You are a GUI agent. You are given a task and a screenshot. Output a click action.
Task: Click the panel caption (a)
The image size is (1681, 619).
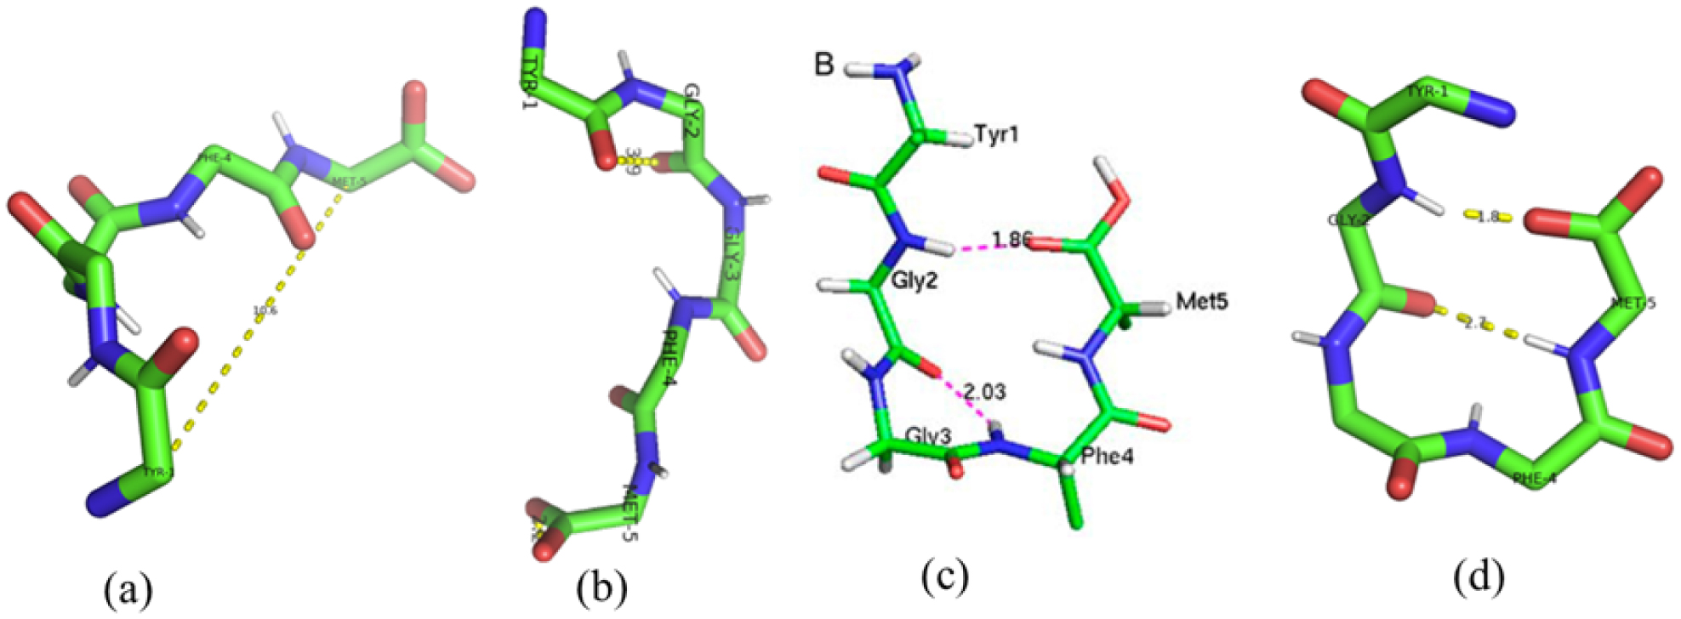128,588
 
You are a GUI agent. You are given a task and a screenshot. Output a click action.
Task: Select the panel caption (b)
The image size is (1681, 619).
601,588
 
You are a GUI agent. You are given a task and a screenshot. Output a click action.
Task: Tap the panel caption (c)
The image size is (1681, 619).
944,576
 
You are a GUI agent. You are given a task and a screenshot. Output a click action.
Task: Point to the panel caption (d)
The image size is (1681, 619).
1479,576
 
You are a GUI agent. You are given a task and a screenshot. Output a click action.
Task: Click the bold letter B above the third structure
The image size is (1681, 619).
823,64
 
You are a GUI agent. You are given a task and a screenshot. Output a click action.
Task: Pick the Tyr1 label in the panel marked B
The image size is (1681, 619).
996,134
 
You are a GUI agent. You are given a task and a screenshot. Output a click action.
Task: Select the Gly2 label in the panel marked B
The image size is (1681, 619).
915,281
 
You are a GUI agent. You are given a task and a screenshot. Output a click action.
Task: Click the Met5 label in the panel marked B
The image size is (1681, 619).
1201,300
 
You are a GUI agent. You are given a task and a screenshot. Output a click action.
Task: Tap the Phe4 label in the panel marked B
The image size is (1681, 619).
1107,457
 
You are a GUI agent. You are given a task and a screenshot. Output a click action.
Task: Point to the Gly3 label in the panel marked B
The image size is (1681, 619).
928,436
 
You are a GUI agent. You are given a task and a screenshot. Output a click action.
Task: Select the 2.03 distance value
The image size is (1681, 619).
984,391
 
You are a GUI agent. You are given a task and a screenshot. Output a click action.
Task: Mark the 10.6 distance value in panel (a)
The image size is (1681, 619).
260,312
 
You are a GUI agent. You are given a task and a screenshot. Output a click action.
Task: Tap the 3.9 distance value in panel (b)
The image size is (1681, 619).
633,160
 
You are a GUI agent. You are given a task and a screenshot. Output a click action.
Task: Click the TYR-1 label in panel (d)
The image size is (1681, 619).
1427,92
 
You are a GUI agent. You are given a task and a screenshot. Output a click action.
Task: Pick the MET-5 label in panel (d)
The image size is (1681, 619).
1633,303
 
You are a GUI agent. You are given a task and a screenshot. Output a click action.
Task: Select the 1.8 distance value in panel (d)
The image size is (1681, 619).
1487,217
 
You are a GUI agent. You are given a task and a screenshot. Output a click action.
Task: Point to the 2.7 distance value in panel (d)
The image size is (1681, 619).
1476,323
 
